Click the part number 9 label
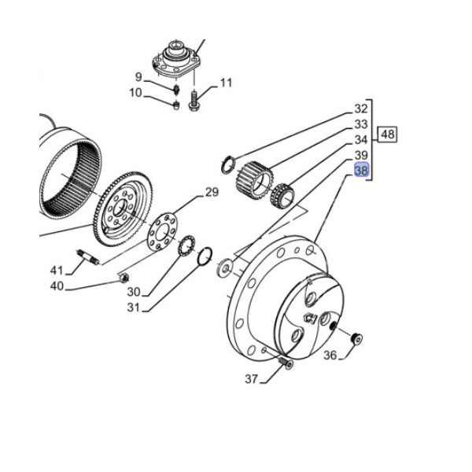(x=138, y=77)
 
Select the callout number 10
(x=136, y=94)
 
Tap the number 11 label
(x=227, y=83)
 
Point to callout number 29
(x=212, y=193)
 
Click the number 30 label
(x=135, y=292)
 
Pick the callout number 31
(x=135, y=308)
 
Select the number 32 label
(x=361, y=109)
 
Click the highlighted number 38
(x=361, y=170)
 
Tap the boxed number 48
(x=388, y=135)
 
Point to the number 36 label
(x=330, y=356)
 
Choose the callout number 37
(x=251, y=379)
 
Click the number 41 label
(x=57, y=270)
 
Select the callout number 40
(x=57, y=286)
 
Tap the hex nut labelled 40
(x=123, y=277)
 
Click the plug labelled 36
(x=356, y=339)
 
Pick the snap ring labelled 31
(x=205, y=256)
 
